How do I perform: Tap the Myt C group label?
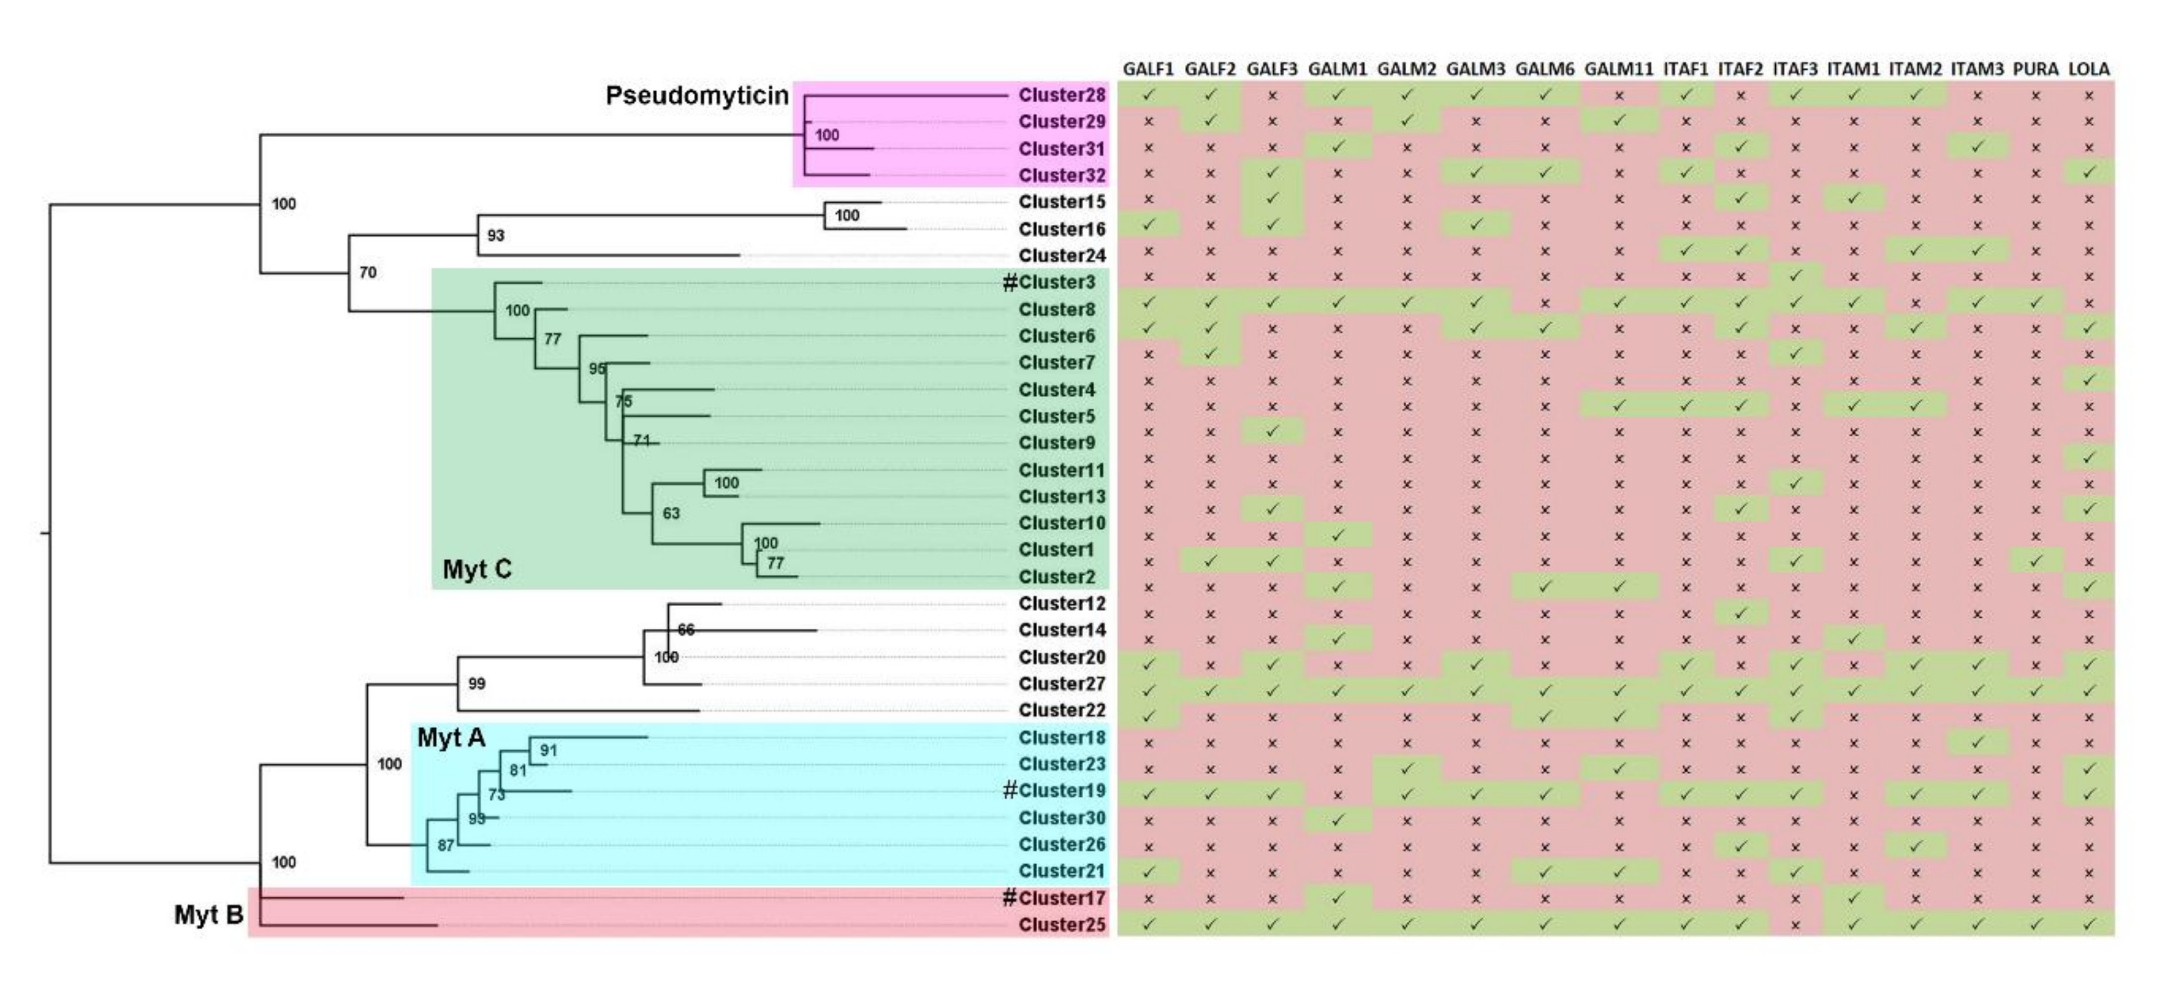coord(476,570)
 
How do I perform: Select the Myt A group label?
coord(451,738)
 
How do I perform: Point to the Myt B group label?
coord(209,914)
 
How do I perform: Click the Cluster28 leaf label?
coord(1061,95)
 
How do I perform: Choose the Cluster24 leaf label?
coord(1061,255)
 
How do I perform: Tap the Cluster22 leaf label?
coord(1061,710)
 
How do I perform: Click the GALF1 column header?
coord(1148,69)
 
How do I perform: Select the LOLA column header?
coord(2088,69)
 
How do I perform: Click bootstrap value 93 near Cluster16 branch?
coord(496,235)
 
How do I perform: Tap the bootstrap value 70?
coord(368,272)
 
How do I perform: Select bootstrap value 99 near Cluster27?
coord(476,684)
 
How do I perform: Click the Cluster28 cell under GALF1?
coord(1148,95)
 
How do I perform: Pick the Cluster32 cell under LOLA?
coord(2088,173)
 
